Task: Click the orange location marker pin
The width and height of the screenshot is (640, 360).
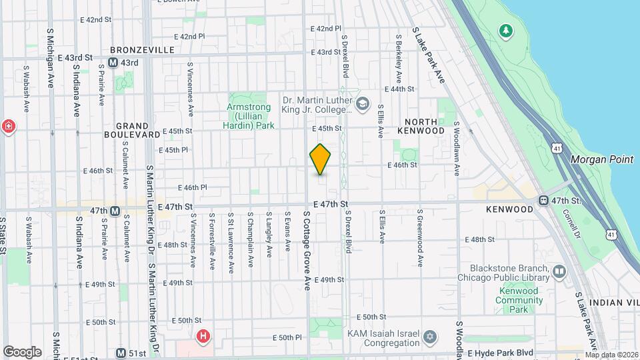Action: click(320, 159)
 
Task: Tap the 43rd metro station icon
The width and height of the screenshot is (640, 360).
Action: click(113, 63)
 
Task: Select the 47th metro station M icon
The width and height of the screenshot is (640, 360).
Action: click(115, 211)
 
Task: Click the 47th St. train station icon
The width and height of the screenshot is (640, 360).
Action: click(543, 201)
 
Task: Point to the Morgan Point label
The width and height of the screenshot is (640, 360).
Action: click(595, 160)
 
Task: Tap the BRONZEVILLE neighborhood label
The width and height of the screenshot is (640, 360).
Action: click(142, 50)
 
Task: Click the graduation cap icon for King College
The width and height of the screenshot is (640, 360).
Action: click(362, 103)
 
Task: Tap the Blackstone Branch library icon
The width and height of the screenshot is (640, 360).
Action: click(559, 271)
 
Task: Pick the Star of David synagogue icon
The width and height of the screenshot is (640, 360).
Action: click(430, 337)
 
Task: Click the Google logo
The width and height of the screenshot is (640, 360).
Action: click(22, 351)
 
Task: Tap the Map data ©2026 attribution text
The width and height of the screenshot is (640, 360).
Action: click(612, 355)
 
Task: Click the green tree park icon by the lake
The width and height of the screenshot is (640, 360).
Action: click(506, 30)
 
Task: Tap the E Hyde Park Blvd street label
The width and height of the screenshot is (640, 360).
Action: click(501, 352)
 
